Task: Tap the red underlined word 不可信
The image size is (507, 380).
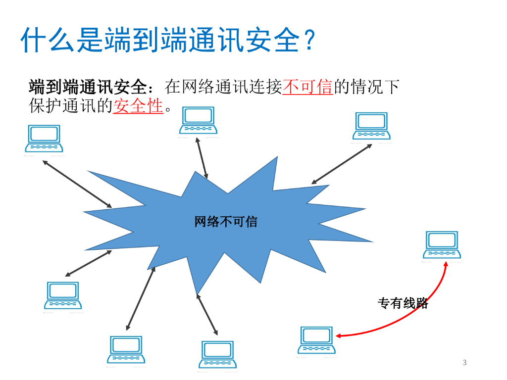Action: pyautogui.click(x=307, y=87)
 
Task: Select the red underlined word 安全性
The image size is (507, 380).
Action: pyautogui.click(x=138, y=105)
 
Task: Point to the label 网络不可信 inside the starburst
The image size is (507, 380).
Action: pyautogui.click(x=226, y=221)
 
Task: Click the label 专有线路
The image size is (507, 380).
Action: pyautogui.click(x=403, y=303)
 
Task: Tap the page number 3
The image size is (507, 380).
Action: pyautogui.click(x=464, y=363)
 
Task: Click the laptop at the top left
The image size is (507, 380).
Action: pyautogui.click(x=44, y=139)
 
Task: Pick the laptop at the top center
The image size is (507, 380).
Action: pyautogui.click(x=198, y=121)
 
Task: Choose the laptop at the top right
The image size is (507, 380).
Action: pyautogui.click(x=371, y=126)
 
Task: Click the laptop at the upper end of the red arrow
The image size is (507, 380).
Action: pyautogui.click(x=442, y=245)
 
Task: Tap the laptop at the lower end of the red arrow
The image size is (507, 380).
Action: pyautogui.click(x=316, y=340)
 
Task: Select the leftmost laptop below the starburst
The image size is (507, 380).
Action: pyautogui.click(x=62, y=295)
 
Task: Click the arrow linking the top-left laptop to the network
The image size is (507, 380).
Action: pyautogui.click(x=77, y=184)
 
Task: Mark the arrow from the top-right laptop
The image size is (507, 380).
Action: pyautogui.click(x=342, y=164)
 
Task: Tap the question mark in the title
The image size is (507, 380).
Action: pyautogui.click(x=308, y=41)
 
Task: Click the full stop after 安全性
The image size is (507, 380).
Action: pyautogui.click(x=169, y=108)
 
